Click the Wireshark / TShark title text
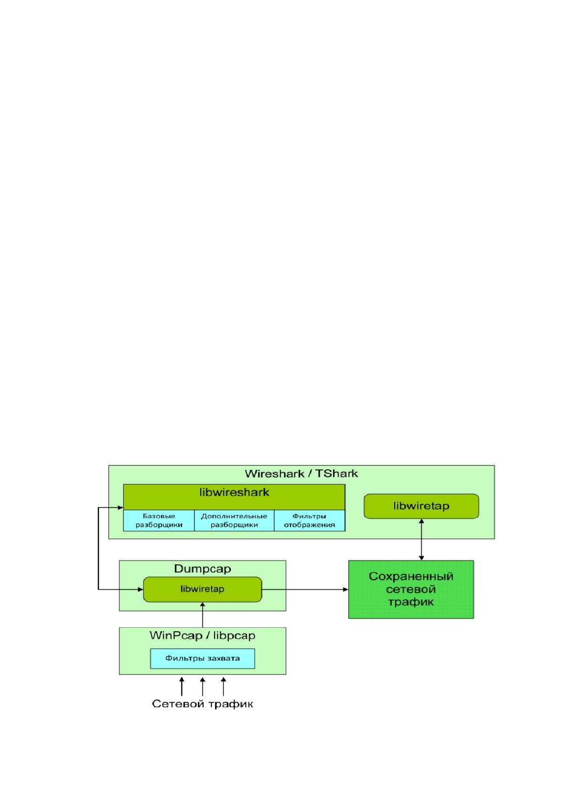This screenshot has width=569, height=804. pos(301,474)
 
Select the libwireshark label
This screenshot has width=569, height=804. pos(234,492)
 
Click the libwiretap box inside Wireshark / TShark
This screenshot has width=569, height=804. pos(421,506)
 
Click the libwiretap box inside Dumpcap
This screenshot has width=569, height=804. pos(202,589)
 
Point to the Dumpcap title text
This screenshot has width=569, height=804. pos(202,569)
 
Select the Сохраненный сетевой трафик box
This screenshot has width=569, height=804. pos(411,589)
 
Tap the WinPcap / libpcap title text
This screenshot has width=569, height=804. pos(202,635)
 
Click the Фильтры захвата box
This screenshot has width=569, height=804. pos(203,659)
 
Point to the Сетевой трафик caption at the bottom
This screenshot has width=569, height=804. pos(202,704)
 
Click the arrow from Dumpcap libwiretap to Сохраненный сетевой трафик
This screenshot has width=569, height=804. pos(305,589)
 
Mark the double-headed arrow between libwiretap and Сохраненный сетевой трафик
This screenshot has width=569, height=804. pos(421,540)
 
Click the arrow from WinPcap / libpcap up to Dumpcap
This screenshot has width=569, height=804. pos(203,615)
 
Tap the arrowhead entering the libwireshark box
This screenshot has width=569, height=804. pos(121,508)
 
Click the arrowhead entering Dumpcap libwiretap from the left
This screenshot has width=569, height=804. pos(140,589)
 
